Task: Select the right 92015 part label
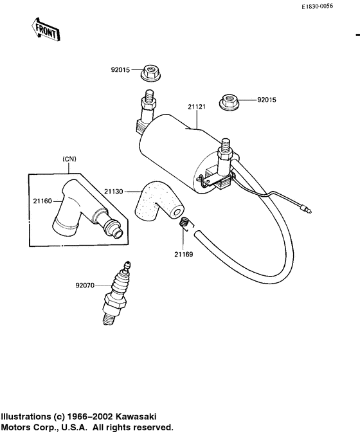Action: [x=266, y=100]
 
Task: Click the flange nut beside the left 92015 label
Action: [x=151, y=73]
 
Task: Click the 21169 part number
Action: [x=183, y=254]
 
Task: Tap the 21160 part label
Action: [x=42, y=201]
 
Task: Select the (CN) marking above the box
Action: [x=68, y=159]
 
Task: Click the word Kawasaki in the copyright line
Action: [x=134, y=417]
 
